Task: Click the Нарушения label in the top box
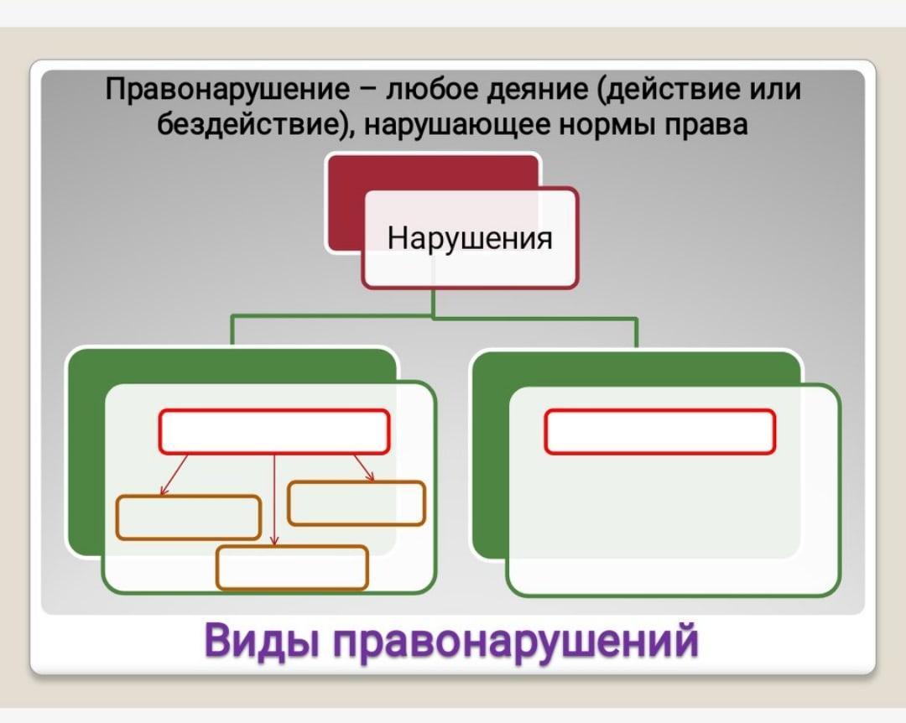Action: [x=470, y=239]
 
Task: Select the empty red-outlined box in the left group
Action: [x=273, y=431]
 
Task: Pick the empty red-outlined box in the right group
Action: [x=659, y=431]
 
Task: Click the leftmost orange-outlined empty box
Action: [x=189, y=517]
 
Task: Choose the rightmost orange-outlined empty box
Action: [x=357, y=503]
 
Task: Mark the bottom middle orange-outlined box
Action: [x=292, y=567]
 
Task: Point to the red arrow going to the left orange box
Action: [x=174, y=474]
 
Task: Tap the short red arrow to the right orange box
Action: [x=363, y=468]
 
